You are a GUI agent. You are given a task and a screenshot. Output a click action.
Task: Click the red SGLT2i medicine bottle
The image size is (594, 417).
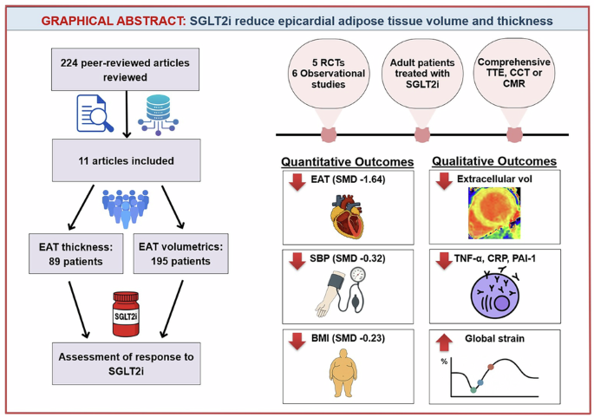click(x=126, y=314)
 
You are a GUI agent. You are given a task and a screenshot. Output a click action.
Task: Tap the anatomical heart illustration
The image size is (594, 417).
click(x=347, y=216)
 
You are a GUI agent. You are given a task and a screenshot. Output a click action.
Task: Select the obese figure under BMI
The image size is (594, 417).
click(x=343, y=373)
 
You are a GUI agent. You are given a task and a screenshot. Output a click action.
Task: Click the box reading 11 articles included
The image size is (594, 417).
click(x=126, y=160)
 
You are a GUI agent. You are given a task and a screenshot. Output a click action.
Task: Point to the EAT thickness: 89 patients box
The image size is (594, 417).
click(x=75, y=254)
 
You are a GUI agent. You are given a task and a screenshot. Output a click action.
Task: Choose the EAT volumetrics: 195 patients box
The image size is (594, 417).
click(x=180, y=254)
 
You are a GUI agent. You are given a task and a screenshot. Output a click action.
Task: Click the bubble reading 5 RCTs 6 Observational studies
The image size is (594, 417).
click(x=329, y=74)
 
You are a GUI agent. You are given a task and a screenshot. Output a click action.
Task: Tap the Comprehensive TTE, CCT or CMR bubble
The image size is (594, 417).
click(x=514, y=73)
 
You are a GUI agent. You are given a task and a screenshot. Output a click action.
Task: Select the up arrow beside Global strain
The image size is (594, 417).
click(x=444, y=342)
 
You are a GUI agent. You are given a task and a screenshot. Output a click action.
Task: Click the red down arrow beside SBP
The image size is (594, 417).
click(x=297, y=261)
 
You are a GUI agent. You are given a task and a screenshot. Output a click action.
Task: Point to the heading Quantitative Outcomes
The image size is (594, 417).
click(x=348, y=162)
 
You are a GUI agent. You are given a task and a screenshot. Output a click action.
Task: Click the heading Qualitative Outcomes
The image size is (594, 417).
click(x=494, y=161)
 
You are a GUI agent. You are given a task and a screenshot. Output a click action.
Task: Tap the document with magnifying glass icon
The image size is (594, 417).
click(x=95, y=114)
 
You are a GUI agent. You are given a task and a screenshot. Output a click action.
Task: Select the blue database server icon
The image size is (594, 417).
click(x=158, y=114)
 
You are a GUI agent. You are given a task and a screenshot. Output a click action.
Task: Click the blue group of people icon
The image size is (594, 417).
click(x=126, y=209)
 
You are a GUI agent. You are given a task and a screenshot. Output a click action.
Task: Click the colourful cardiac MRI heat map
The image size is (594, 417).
click(x=494, y=213)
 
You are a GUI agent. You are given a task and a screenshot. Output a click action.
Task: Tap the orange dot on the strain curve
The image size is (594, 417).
click(x=491, y=367)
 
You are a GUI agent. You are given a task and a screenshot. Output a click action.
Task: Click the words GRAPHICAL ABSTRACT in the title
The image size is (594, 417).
click(x=114, y=21)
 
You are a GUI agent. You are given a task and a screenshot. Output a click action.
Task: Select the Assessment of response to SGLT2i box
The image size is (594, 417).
click(x=126, y=363)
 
